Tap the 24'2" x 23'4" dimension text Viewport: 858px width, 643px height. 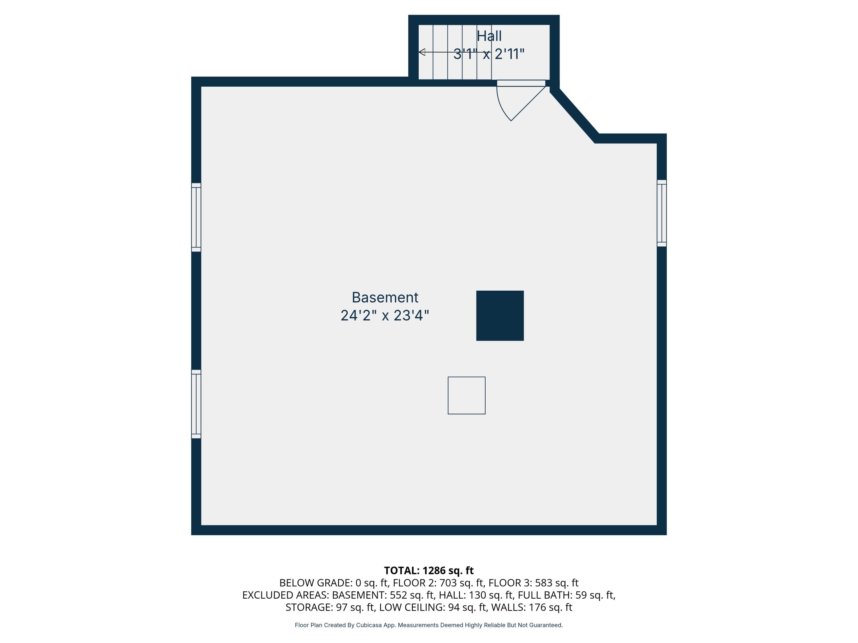coord(385,316)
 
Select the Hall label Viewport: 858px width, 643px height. coord(489,36)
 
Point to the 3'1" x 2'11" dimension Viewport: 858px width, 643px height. coord(489,54)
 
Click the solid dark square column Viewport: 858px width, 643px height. coord(500,315)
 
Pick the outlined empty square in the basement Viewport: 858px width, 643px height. coord(466,395)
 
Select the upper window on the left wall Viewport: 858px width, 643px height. coord(196,217)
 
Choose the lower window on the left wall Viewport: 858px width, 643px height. coord(196,404)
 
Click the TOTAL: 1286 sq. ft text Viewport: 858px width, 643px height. coord(429,570)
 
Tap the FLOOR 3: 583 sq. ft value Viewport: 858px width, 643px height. coord(533,583)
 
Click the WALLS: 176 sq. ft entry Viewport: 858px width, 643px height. coord(531,607)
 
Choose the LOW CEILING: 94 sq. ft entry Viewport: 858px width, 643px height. coord(432,607)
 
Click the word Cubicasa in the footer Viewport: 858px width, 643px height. coord(368,625)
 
